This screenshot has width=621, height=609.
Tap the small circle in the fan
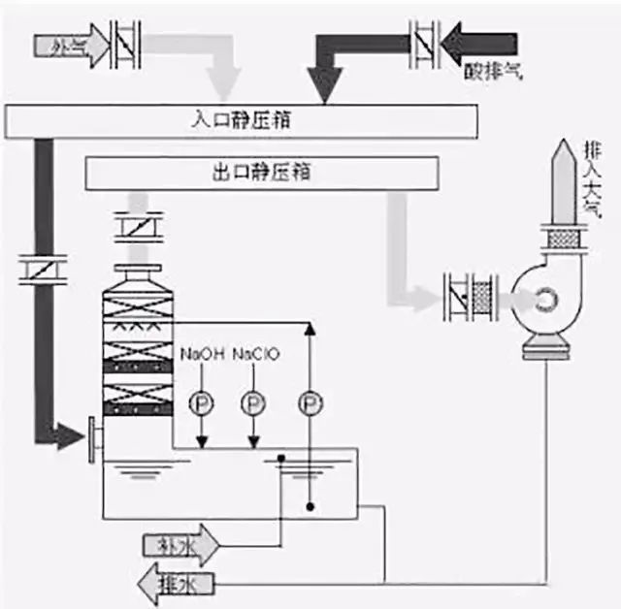548,302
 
